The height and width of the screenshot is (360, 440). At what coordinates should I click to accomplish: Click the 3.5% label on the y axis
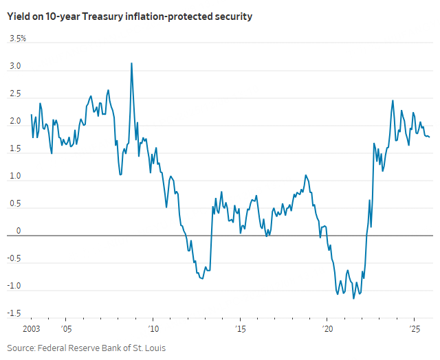tap(17, 39)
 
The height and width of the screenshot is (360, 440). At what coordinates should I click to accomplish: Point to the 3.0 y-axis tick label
tap(14, 67)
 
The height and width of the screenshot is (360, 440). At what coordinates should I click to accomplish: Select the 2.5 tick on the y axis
tap(14, 95)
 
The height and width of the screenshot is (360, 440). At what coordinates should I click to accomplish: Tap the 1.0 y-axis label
tap(14, 177)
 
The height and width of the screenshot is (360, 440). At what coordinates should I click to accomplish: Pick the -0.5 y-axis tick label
tap(14, 259)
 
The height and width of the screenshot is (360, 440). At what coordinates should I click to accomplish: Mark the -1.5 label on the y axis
tap(14, 313)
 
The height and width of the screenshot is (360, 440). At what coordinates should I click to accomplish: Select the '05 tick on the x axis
tap(66, 328)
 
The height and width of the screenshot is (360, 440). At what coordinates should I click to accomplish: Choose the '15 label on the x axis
tap(240, 328)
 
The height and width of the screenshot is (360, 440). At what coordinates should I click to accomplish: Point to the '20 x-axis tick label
tap(327, 328)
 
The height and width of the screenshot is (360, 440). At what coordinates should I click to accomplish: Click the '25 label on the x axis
tap(415, 328)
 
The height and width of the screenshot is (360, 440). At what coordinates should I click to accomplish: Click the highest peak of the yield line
tap(131, 63)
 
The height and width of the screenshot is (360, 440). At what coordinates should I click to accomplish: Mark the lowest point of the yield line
tap(353, 298)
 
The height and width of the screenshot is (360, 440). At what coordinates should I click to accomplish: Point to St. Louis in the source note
tap(150, 348)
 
